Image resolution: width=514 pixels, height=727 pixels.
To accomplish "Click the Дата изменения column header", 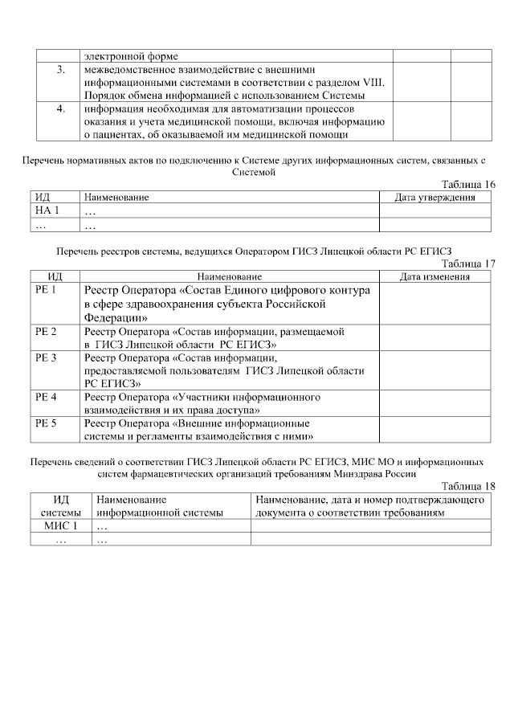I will coord(434,276).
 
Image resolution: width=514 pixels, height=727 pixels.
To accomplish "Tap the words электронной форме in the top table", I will coord(131,56).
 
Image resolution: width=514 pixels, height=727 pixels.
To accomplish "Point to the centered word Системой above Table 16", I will coord(254,171).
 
